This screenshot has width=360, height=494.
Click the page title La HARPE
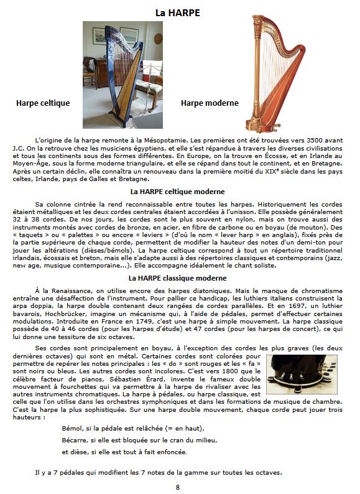[x=178, y=12]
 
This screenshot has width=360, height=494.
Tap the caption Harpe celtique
[x=43, y=103]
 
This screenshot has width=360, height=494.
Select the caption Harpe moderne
[x=210, y=103]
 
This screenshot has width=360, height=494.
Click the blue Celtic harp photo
[x=122, y=75]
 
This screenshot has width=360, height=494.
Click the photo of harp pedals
[x=302, y=375]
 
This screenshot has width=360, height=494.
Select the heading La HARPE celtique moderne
[x=177, y=192]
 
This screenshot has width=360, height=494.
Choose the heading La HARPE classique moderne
[x=177, y=278]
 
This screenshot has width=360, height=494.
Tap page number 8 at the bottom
[x=178, y=487]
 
